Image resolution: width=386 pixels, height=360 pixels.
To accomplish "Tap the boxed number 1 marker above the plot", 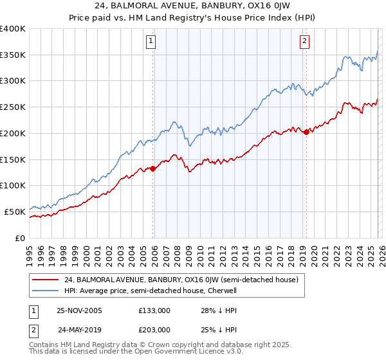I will tap(151, 42).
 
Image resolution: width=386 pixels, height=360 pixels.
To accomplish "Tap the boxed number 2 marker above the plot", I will tap(304, 42).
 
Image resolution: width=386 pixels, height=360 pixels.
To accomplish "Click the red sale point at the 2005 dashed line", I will tap(153, 168).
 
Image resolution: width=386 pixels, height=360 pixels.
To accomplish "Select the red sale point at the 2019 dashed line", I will tap(306, 132).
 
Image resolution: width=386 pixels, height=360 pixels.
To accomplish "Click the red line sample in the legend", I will tap(45, 280).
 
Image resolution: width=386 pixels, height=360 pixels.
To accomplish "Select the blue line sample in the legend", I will tap(45, 291).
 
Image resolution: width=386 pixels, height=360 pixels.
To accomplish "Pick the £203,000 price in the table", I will tap(154, 329).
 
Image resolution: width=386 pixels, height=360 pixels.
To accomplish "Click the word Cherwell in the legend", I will tap(223, 291).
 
